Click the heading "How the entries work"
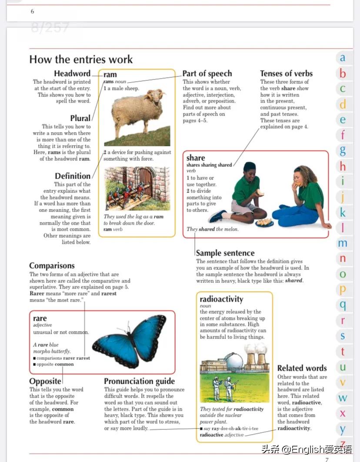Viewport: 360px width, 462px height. click(x=81, y=60)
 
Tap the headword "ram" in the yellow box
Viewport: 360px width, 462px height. click(x=110, y=74)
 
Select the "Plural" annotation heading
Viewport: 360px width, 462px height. click(x=80, y=118)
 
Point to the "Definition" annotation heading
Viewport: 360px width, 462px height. click(x=73, y=176)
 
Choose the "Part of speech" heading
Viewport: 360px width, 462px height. click(x=207, y=73)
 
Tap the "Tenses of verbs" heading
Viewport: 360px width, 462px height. click(x=286, y=73)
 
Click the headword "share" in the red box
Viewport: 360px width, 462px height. click(x=196, y=158)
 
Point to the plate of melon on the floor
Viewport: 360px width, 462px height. click(x=264, y=223)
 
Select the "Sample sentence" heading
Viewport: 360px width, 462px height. click(x=225, y=253)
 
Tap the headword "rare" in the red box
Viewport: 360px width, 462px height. click(x=40, y=319)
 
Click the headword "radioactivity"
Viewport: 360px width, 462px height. click(x=221, y=299)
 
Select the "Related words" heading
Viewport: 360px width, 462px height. click(x=302, y=368)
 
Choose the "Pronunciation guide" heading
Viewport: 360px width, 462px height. click(x=139, y=381)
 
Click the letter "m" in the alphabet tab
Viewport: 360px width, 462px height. click(x=343, y=243)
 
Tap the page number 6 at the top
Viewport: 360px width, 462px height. click(x=32, y=11)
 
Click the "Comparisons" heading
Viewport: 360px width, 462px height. click(x=52, y=266)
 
